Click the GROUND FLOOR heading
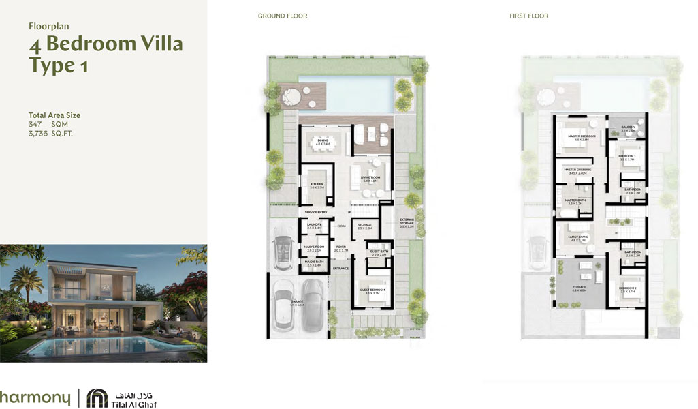click(283, 16)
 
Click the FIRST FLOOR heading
click(529, 16)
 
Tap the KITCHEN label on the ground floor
click(317, 185)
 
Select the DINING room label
click(322, 140)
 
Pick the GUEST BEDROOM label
click(372, 290)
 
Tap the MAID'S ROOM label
click(314, 249)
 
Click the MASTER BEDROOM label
click(582, 136)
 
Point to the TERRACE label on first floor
click(580, 287)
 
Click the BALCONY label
click(628, 127)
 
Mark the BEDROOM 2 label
click(628, 288)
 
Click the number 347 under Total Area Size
click(35, 125)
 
